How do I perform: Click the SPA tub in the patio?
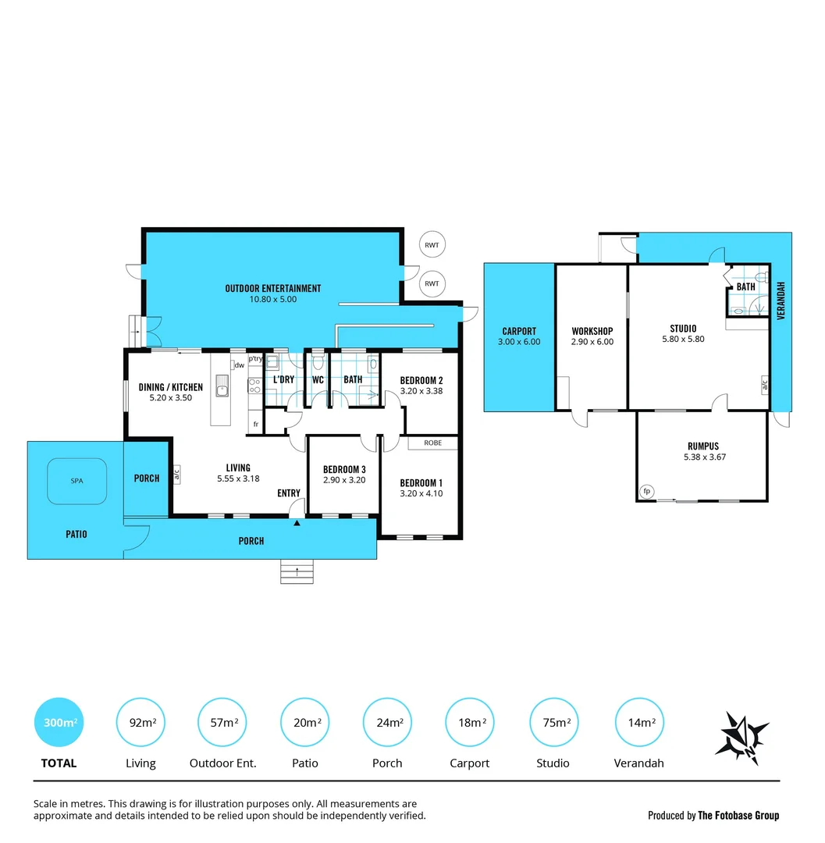pos(76,481)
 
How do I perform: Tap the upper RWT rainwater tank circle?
pos(432,245)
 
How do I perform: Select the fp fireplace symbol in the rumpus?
pos(645,491)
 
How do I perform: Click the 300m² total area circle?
pos(59,723)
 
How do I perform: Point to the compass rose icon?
pos(741,735)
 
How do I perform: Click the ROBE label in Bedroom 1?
pos(432,443)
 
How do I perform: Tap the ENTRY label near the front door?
pos(289,493)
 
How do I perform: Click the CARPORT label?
pos(519,331)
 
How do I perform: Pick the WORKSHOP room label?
pos(592,331)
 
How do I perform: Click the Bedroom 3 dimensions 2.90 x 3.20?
pos(344,480)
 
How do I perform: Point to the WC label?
pos(318,380)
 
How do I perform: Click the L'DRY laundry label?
pos(283,380)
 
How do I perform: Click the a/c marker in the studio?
pos(765,384)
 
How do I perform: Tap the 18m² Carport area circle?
pos(470,723)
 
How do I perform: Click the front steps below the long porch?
pos(297,572)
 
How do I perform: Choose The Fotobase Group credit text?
pos(738,816)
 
